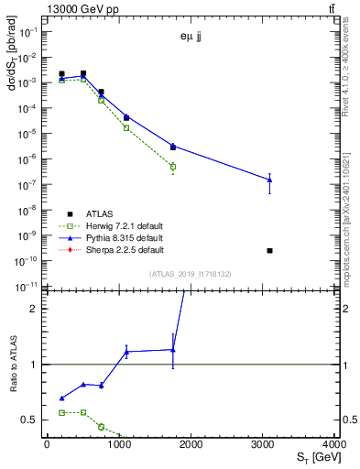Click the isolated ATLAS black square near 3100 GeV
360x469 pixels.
tap(269, 250)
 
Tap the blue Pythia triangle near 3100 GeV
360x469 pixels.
tap(269, 180)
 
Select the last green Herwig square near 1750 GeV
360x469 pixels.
tap(172, 167)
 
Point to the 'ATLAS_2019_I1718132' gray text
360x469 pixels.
tap(191, 273)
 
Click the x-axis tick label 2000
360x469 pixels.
tap(191, 444)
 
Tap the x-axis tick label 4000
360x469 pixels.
tap(334, 444)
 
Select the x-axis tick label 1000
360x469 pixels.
tap(119, 444)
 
